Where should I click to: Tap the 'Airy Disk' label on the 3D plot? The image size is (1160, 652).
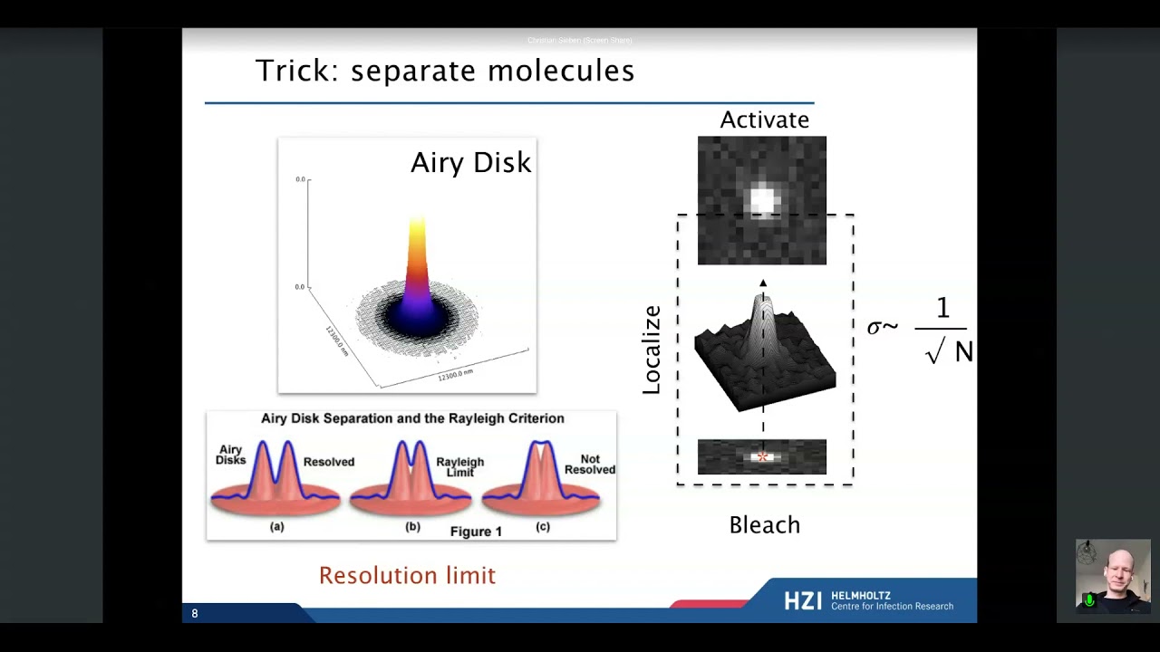pyautogui.click(x=470, y=163)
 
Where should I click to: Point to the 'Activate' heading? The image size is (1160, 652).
pyautogui.click(x=764, y=120)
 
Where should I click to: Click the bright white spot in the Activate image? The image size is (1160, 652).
pyautogui.click(x=763, y=200)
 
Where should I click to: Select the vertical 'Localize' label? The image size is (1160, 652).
pyautogui.click(x=652, y=350)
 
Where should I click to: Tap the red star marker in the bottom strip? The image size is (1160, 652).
pyautogui.click(x=762, y=457)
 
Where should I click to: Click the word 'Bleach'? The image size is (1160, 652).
pyautogui.click(x=764, y=525)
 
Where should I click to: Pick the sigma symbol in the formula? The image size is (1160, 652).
pyautogui.click(x=875, y=328)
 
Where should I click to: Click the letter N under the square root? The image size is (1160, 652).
pyautogui.click(x=963, y=352)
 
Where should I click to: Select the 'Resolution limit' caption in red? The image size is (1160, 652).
pyautogui.click(x=407, y=576)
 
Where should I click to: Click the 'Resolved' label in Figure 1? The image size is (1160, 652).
pyautogui.click(x=328, y=462)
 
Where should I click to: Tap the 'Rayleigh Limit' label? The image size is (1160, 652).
pyautogui.click(x=459, y=466)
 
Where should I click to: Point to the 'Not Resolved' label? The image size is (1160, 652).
pyautogui.click(x=589, y=465)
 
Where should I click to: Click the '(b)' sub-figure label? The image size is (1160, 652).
pyautogui.click(x=412, y=526)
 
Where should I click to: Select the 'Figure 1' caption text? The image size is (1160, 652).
pyautogui.click(x=476, y=532)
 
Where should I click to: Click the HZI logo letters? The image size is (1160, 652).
pyautogui.click(x=803, y=600)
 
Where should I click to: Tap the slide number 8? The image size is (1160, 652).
pyautogui.click(x=194, y=614)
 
